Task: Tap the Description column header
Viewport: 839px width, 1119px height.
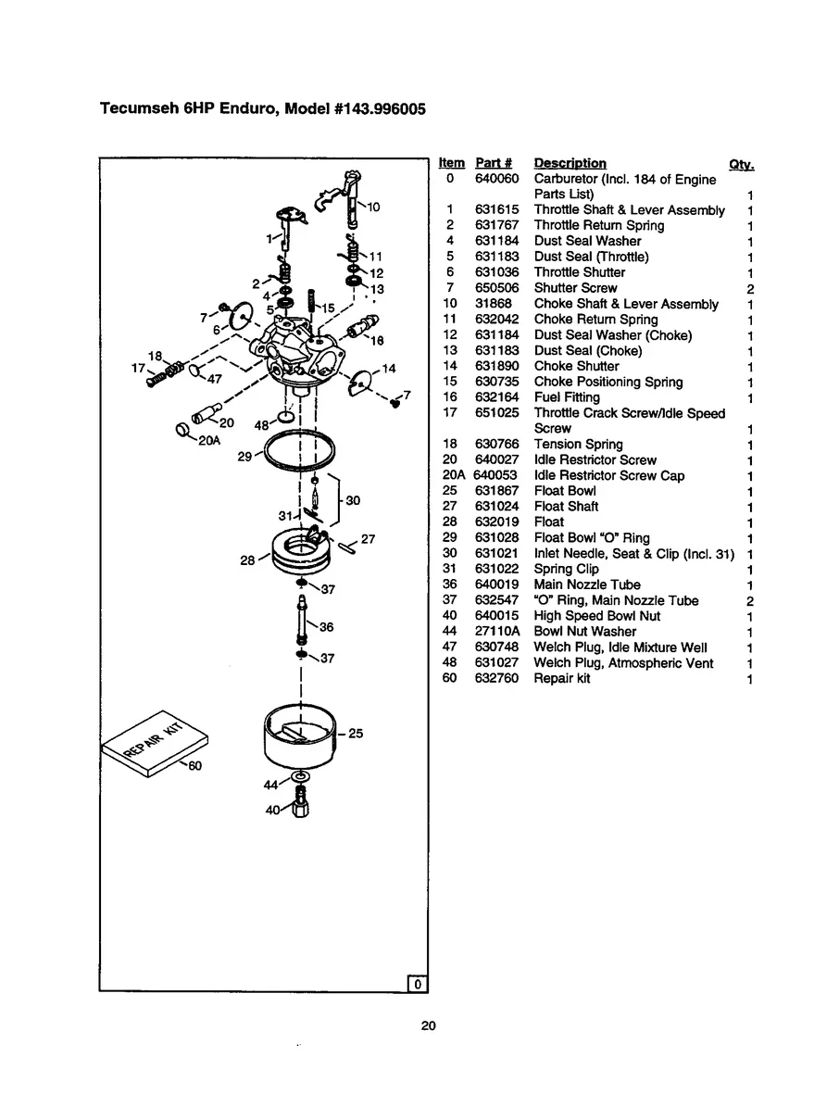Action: [570, 164]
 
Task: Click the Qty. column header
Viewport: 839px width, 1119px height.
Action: [742, 165]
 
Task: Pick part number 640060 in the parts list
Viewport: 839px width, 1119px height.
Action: [497, 179]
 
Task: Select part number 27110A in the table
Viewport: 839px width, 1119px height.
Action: [497, 632]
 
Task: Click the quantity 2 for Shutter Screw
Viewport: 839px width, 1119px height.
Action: [750, 289]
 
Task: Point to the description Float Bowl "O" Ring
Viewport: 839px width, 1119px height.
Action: [592, 538]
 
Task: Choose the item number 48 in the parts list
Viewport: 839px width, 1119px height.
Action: [450, 663]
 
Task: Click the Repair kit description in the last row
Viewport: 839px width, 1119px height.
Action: [562, 679]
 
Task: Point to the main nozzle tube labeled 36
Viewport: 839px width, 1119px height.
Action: [301, 622]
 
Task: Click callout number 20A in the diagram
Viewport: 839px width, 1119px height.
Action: [209, 441]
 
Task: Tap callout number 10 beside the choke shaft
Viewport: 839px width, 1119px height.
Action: [373, 207]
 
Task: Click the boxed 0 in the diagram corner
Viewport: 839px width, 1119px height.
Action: [418, 984]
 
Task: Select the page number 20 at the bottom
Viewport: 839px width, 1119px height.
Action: [428, 1026]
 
